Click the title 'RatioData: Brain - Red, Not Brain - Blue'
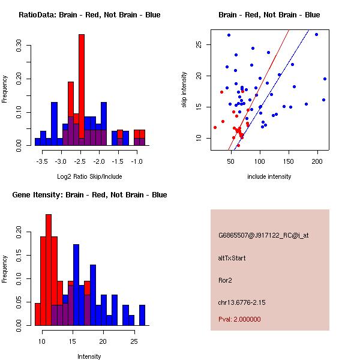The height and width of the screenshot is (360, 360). [x=89, y=15]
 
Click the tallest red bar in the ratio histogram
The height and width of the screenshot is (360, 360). [x=82, y=90]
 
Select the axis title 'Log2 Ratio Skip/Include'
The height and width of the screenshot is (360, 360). [x=89, y=176]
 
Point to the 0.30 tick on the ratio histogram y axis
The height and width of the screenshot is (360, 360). [x=19, y=47]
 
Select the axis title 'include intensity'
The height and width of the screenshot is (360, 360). [x=269, y=176]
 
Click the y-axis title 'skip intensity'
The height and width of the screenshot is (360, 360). [x=185, y=90]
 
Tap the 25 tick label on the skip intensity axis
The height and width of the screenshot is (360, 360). [x=198, y=45]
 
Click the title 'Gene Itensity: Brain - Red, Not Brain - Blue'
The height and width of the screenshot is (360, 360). [x=89, y=195]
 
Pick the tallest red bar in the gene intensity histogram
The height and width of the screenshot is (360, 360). [x=48, y=270]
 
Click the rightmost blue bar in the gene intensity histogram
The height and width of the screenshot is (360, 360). [x=142, y=315]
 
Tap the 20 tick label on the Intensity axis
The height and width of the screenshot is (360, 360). [x=103, y=341]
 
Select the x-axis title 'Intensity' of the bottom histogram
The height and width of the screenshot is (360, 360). [x=89, y=356]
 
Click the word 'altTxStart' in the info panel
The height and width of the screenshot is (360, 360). [x=232, y=258]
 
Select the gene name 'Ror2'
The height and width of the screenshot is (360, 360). [x=225, y=280]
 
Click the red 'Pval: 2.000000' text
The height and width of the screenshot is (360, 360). [x=239, y=319]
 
